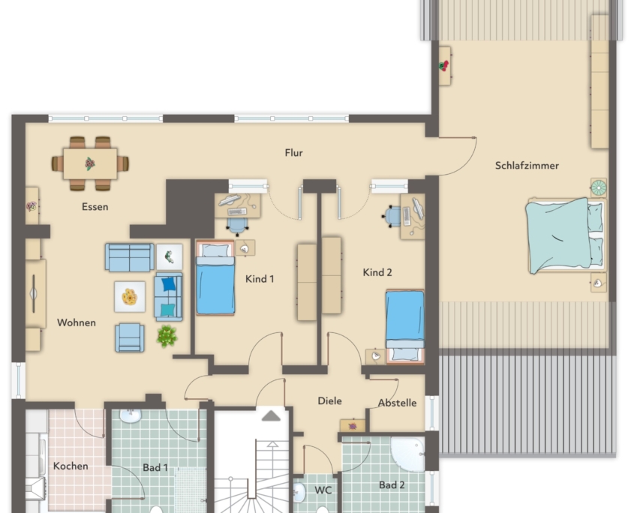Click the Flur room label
pyautogui.click(x=293, y=153)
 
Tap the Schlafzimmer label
pyautogui.click(x=527, y=165)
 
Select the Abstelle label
pyautogui.click(x=397, y=403)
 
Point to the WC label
pyautogui.click(x=323, y=490)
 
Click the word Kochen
pyautogui.click(x=71, y=466)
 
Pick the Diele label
pyautogui.click(x=329, y=400)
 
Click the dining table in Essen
pyautogui.click(x=90, y=163)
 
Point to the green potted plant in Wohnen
pyautogui.click(x=167, y=336)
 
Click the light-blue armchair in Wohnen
pyautogui.click(x=129, y=337)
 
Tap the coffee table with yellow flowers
pyautogui.click(x=130, y=297)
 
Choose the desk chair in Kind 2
pyautogui.click(x=392, y=216)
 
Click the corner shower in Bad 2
pyautogui.click(x=407, y=454)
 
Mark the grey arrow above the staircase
pyautogui.click(x=271, y=415)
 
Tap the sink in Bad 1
pyautogui.click(x=131, y=416)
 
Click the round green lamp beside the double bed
pyautogui.click(x=599, y=187)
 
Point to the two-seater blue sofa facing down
pyautogui.click(x=129, y=257)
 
